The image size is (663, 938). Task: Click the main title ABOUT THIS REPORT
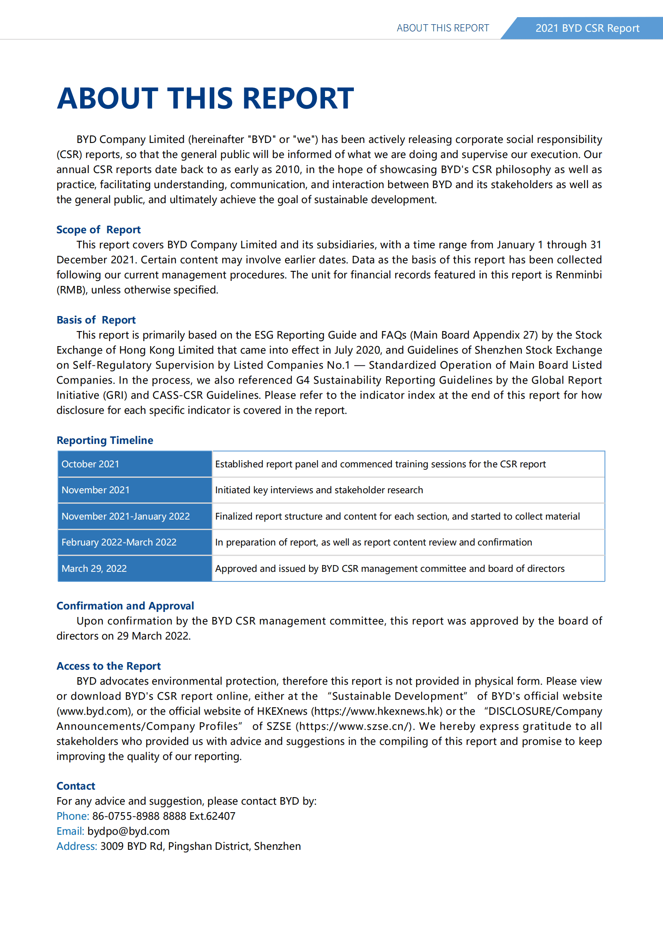click(205, 99)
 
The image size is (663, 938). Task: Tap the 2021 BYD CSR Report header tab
click(587, 28)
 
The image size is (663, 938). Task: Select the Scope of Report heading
click(99, 229)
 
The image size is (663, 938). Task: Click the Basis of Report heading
click(96, 320)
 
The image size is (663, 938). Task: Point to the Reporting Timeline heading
click(105, 440)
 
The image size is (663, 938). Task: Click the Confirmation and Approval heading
click(125, 606)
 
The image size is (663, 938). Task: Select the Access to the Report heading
click(109, 666)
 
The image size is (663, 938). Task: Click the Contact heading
click(76, 786)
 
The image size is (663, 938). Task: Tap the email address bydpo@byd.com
click(128, 831)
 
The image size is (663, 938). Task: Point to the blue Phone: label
click(73, 816)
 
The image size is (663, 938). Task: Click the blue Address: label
click(77, 846)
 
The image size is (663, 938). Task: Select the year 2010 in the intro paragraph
click(288, 169)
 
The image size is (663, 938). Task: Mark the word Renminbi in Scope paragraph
click(579, 275)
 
